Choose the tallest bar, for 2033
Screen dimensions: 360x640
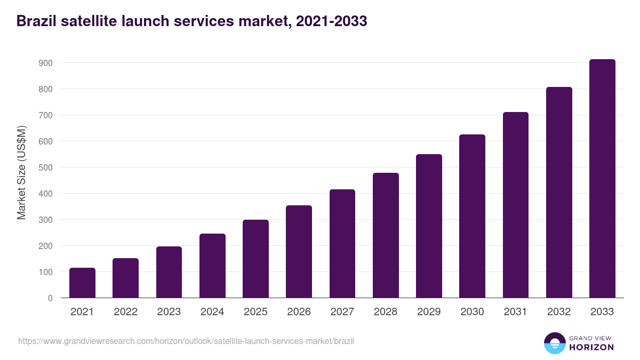(x=602, y=179)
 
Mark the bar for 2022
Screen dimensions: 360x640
(x=125, y=278)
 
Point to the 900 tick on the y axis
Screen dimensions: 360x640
(x=46, y=63)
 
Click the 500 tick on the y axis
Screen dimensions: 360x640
(x=46, y=167)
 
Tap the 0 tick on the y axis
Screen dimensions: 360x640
(x=50, y=298)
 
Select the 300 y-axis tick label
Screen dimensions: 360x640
(x=46, y=220)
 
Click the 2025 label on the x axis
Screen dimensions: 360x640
(x=255, y=312)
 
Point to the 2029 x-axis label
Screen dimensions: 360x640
(x=429, y=312)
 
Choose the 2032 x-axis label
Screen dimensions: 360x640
(x=559, y=312)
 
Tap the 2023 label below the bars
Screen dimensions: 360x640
(x=169, y=312)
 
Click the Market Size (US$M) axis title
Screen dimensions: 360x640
(x=21, y=173)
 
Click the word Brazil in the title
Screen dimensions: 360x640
(x=36, y=21)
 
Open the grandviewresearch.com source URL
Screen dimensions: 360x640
(x=186, y=341)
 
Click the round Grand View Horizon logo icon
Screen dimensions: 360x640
(x=554, y=343)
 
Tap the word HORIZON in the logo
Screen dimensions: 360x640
(x=591, y=347)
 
